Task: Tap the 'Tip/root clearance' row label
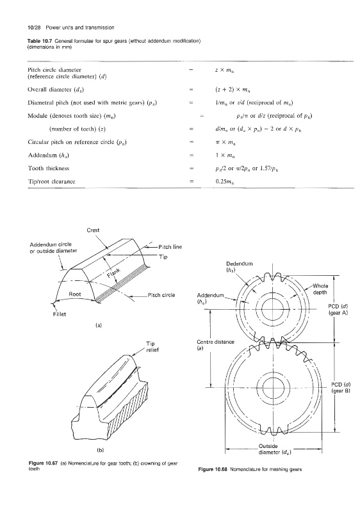[x=52, y=182]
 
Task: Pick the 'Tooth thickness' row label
[x=49, y=168]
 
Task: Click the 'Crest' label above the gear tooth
[x=93, y=230]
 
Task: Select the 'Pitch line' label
[x=170, y=247]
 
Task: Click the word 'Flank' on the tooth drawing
[x=113, y=274]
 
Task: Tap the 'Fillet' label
[x=60, y=314]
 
